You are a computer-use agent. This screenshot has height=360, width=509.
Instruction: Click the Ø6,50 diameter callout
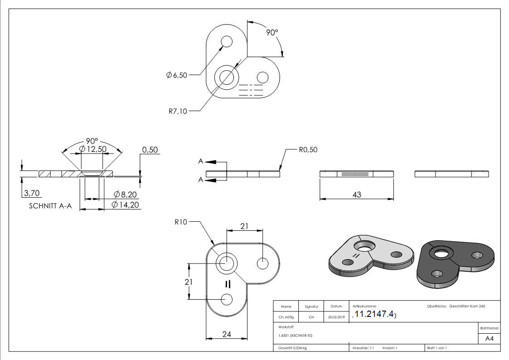pyautogui.click(x=177, y=75)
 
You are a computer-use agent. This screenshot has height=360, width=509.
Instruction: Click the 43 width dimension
pyautogui.click(x=357, y=195)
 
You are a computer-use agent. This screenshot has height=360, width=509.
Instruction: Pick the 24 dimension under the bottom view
pyautogui.click(x=227, y=335)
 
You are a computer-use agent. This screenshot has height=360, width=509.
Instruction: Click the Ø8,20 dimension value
pyautogui.click(x=125, y=195)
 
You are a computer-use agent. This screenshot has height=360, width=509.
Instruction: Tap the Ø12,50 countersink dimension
pyautogui.click(x=92, y=149)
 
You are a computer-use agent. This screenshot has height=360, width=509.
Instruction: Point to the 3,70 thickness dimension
pyautogui.click(x=32, y=194)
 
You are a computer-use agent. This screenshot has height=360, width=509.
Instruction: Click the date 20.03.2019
pyautogui.click(x=336, y=317)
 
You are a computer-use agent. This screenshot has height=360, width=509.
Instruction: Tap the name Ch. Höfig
pyautogui.click(x=286, y=317)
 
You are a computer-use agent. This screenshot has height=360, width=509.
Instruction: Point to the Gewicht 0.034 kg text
pyautogui.click(x=293, y=348)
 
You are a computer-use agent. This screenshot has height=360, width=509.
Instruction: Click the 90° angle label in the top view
pyautogui.click(x=271, y=33)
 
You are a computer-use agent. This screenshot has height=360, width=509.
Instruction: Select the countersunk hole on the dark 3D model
pyautogui.click(x=439, y=253)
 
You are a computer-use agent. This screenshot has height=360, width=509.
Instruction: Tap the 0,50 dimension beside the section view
pyautogui.click(x=150, y=150)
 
